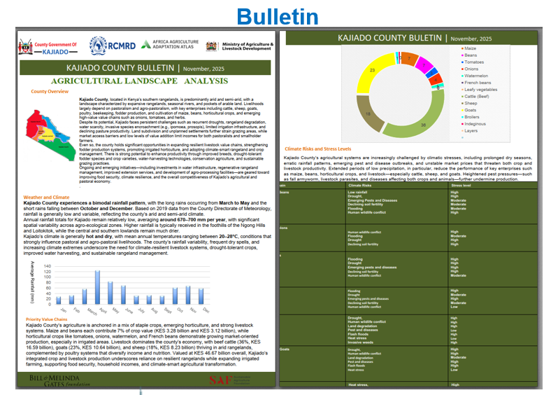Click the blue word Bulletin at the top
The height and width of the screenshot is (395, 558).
point(277,17)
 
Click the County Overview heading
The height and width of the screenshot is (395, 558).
point(50,92)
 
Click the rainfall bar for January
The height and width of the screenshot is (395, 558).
point(59,299)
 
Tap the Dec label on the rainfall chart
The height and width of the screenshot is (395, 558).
point(205,310)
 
